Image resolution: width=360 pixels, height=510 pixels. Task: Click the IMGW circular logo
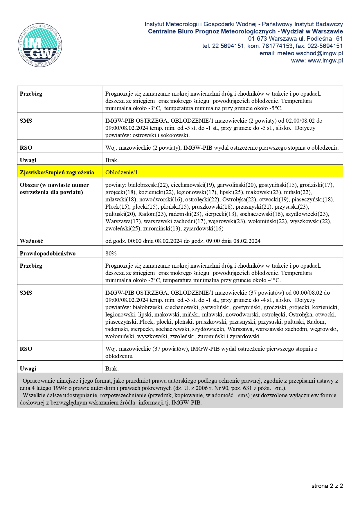coord(40,45)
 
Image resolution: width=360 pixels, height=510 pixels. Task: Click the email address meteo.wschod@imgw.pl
coord(310,53)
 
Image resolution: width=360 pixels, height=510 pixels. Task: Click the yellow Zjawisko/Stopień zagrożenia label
coord(57,172)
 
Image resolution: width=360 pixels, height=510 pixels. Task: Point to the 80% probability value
coord(111,253)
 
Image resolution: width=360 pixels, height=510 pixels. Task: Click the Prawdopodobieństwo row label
coord(48,253)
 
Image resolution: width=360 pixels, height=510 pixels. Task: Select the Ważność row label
coord(31,241)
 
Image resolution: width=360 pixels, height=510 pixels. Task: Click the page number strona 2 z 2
coord(327,486)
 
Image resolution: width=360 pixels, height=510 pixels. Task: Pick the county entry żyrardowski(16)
coord(203,228)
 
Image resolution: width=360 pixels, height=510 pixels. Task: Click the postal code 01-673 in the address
coord(258,39)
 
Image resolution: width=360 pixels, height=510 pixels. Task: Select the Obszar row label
coord(54,188)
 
